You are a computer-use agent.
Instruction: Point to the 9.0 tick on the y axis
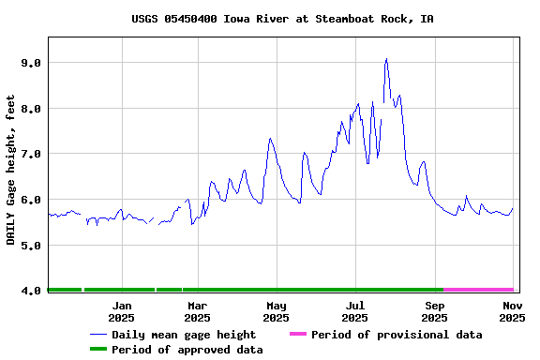(x=32, y=63)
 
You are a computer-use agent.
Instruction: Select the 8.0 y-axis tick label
(x=32, y=109)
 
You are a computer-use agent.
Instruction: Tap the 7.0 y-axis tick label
(x=32, y=154)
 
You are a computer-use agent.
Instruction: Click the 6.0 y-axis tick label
(x=32, y=200)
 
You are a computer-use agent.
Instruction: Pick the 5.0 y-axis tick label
(x=32, y=246)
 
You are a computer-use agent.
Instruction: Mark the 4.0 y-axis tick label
(x=32, y=291)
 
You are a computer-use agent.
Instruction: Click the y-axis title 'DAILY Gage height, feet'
(x=11, y=170)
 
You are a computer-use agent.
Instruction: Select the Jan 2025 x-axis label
(x=121, y=311)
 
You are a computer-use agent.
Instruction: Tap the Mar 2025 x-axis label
(x=198, y=311)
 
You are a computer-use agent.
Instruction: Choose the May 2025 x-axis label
(x=277, y=311)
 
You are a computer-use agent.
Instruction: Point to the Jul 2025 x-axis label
(x=355, y=311)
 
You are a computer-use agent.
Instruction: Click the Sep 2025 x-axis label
(x=435, y=311)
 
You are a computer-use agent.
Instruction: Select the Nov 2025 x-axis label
(x=512, y=311)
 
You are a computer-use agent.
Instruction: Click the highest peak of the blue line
(x=386, y=59)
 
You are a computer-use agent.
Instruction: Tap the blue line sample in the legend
(x=98, y=335)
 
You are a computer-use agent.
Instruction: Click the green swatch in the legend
(x=98, y=350)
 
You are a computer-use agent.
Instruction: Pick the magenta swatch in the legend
(x=298, y=335)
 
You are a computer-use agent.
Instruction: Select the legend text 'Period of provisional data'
(x=397, y=335)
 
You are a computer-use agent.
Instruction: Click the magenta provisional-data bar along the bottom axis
(x=478, y=290)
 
